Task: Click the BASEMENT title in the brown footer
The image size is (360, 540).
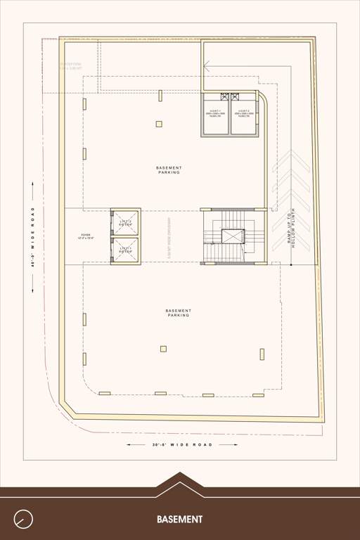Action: coord(180,520)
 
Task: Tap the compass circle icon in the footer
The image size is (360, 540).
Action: coord(23,519)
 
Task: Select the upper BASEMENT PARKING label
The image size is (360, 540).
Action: coord(169,169)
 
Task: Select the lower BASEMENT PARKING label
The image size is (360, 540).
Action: coord(179,313)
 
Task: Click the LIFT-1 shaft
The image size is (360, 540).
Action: coord(126,250)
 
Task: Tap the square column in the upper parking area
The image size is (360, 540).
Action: coord(159,124)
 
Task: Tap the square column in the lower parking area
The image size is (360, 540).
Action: coord(163,348)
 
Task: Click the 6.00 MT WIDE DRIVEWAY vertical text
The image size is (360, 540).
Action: coord(171,238)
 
